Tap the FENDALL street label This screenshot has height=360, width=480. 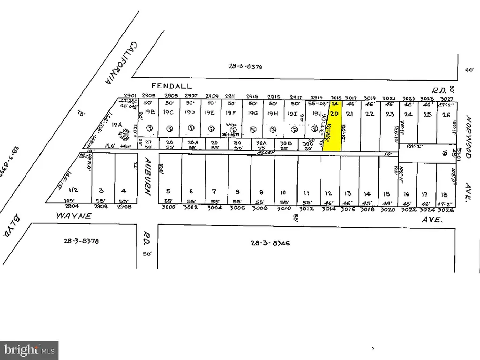[172, 86]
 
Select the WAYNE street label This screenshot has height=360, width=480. [74, 216]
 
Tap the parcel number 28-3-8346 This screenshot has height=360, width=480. [270, 243]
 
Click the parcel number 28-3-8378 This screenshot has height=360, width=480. [81, 241]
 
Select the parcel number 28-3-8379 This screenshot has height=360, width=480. [245, 67]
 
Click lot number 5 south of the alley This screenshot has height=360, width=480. [168, 191]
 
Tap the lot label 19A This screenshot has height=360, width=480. [116, 125]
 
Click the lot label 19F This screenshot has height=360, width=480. [231, 112]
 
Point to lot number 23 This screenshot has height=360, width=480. [390, 114]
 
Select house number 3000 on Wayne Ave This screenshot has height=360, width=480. [168, 207]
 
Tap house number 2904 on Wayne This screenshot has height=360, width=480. [71, 206]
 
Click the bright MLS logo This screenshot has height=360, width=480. [30, 350]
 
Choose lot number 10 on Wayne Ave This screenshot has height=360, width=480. [283, 192]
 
